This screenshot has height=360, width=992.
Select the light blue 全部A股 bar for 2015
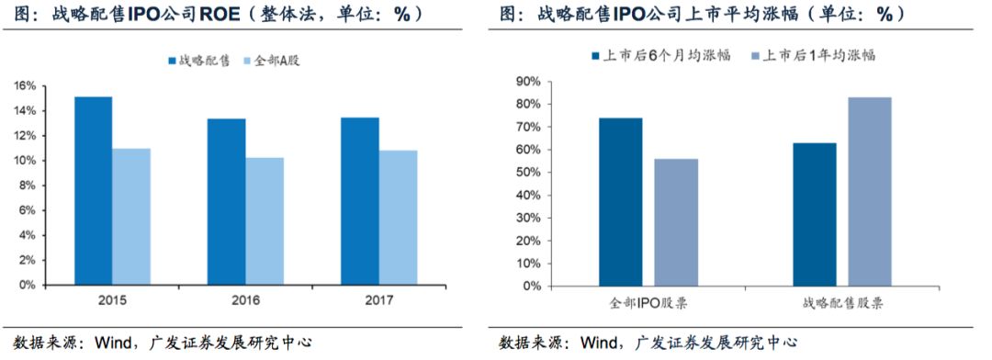(x=131, y=216)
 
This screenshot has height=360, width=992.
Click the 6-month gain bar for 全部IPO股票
(x=621, y=201)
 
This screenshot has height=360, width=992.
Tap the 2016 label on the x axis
(x=245, y=300)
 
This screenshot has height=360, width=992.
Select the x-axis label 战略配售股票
(x=842, y=302)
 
